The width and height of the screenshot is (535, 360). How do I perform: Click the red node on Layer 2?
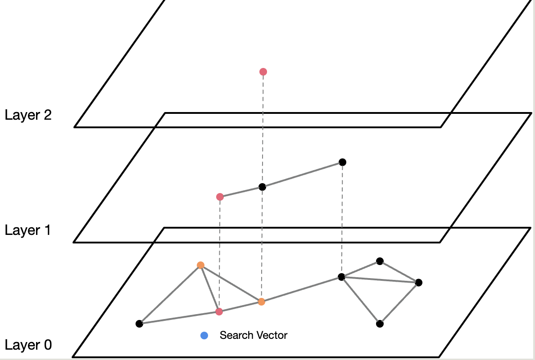(x=263, y=72)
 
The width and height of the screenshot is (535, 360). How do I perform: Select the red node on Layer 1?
(x=220, y=197)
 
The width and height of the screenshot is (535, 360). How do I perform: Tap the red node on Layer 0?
(x=219, y=311)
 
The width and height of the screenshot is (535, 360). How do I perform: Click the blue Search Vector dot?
(x=204, y=335)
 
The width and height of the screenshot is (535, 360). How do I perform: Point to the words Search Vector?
(x=253, y=335)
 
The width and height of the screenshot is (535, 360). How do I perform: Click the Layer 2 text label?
(x=28, y=115)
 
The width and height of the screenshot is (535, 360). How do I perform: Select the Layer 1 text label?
(x=28, y=230)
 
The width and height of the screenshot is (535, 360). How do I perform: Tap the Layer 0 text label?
(x=28, y=345)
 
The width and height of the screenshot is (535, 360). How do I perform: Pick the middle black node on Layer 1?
(x=262, y=187)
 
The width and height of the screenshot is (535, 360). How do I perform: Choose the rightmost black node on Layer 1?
(x=342, y=162)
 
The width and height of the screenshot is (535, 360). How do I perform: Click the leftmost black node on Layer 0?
(x=139, y=324)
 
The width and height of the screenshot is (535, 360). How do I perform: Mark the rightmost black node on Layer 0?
(x=419, y=283)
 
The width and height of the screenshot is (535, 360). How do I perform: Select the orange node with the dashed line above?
(x=261, y=301)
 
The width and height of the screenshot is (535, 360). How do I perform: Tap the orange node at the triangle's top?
(x=200, y=265)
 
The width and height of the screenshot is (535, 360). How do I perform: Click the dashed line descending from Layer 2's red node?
(x=263, y=130)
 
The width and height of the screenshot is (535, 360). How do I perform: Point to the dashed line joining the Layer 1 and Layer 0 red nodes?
(x=219, y=254)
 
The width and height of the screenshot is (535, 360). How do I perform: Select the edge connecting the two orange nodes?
(x=231, y=283)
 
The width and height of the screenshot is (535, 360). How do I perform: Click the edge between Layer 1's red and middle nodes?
(x=241, y=192)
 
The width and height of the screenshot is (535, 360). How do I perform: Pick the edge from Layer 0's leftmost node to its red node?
(x=179, y=317)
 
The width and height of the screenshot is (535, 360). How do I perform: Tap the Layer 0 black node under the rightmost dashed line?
(x=341, y=277)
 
